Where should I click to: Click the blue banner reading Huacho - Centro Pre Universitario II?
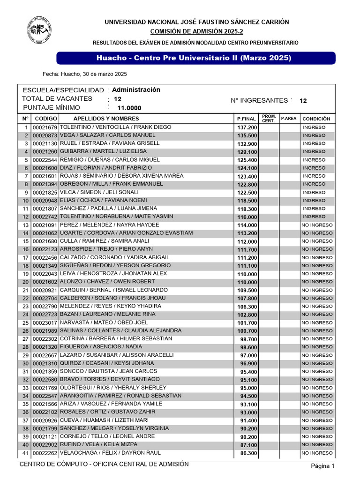(196, 58)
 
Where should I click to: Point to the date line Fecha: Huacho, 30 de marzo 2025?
(85, 74)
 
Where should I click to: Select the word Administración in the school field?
(136, 90)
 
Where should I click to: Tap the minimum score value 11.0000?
(129, 108)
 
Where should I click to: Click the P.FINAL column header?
(247, 119)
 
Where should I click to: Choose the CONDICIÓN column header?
(316, 119)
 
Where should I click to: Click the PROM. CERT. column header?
(269, 119)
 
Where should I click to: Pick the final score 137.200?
(247, 127)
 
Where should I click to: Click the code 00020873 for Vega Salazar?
(45, 135)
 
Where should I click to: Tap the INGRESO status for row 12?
(314, 217)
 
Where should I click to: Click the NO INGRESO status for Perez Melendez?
(317, 225)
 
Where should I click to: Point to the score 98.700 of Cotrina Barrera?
(248, 339)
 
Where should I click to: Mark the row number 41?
(25, 453)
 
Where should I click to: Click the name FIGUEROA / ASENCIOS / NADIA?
(100, 347)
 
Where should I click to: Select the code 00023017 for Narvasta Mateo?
(45, 323)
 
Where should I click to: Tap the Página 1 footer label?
(323, 466)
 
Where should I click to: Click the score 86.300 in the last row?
(248, 453)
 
